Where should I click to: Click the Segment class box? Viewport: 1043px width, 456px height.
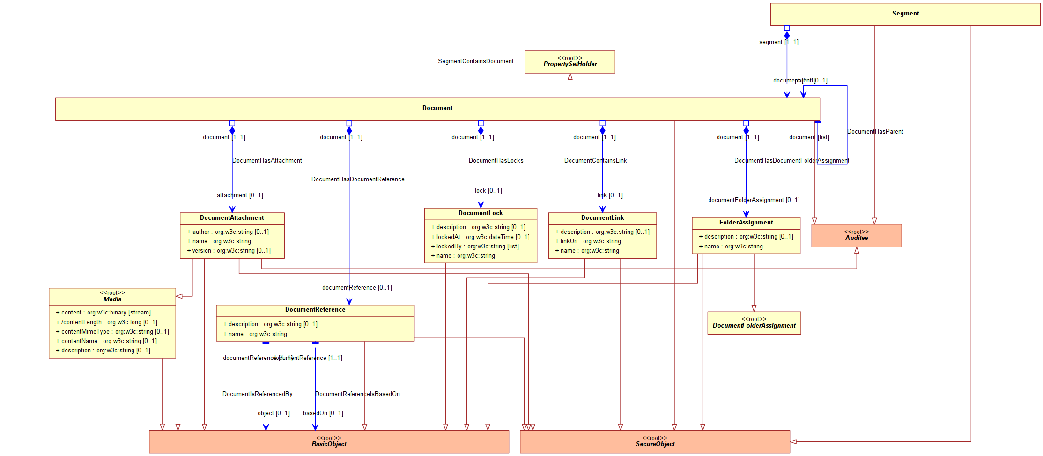click(x=905, y=14)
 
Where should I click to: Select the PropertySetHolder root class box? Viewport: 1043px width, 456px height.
click(x=570, y=62)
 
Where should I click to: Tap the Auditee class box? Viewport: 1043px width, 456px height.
click(x=856, y=235)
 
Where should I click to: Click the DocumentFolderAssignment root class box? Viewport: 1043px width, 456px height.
click(x=754, y=323)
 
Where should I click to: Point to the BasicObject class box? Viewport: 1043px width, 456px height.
click(x=329, y=441)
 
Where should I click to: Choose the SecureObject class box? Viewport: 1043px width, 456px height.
click(x=655, y=441)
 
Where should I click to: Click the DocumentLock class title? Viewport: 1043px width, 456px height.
click(x=481, y=213)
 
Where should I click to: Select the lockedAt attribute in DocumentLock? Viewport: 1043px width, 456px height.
click(x=480, y=237)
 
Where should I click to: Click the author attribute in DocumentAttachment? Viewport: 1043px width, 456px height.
click(x=228, y=232)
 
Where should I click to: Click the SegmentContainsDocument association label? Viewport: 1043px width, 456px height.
click(x=475, y=61)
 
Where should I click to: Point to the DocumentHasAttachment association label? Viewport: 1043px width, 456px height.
click(x=267, y=161)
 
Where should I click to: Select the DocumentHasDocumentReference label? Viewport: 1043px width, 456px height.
click(x=358, y=179)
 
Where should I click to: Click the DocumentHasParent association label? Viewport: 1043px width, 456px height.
click(x=875, y=132)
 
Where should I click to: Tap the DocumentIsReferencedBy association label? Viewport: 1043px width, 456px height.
click(x=257, y=394)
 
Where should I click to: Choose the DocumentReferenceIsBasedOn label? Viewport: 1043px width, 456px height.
click(x=357, y=394)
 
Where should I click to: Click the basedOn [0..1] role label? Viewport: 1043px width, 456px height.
click(x=323, y=413)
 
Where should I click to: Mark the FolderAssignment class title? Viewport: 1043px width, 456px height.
click(x=746, y=223)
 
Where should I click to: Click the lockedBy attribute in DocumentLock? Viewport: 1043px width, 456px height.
click(x=475, y=247)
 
